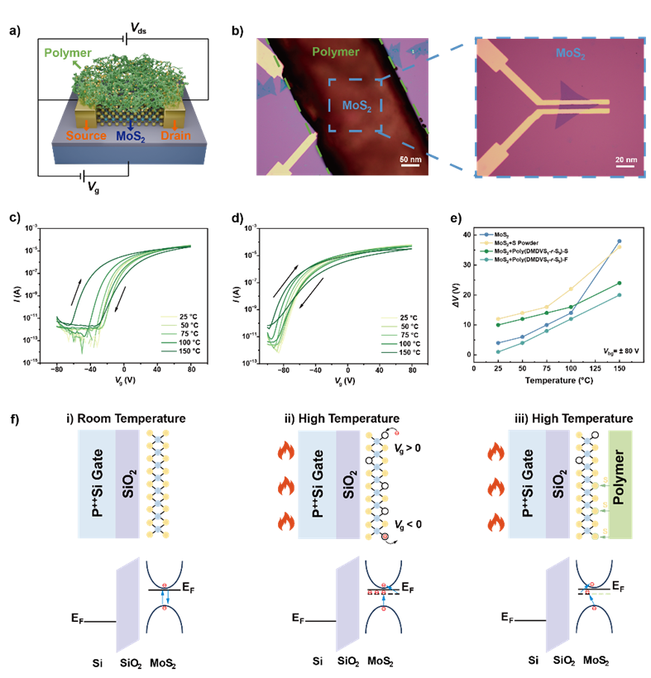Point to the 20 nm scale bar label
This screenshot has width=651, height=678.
click(x=626, y=158)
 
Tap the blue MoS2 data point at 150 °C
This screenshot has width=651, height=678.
click(x=619, y=241)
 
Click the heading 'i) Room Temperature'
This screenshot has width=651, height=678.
click(x=127, y=418)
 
